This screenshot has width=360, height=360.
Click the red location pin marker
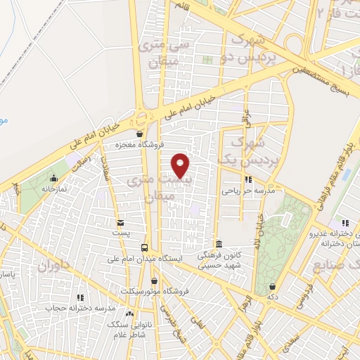pyautogui.click(x=181, y=165)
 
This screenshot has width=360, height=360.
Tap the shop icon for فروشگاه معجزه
pyautogui.click(x=139, y=134)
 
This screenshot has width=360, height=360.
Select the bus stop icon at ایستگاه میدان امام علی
pyautogui.click(x=144, y=247)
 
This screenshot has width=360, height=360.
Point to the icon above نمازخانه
pyautogui.click(x=54, y=178)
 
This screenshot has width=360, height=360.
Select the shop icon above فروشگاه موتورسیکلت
pyautogui.click(x=154, y=280)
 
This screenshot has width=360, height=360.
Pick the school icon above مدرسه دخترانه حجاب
pyautogui.click(x=81, y=297)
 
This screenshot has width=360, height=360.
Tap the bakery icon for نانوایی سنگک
pyautogui.click(x=129, y=314)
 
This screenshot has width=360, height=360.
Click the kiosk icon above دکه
pyautogui.click(x=272, y=287)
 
